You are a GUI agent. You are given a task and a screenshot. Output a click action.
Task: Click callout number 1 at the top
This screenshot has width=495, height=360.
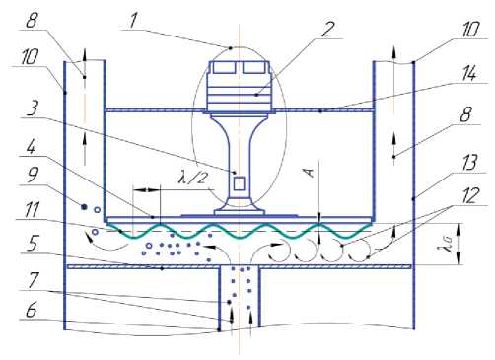point(132,21)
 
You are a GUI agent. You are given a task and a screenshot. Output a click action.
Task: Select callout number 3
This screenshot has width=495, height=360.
point(33,108)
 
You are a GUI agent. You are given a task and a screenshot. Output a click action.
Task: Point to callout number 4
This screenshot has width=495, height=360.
point(31,147)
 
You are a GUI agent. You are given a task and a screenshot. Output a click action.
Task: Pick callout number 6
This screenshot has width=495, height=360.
point(32,310)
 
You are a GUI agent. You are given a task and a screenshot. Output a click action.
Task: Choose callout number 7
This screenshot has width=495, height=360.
point(33,280)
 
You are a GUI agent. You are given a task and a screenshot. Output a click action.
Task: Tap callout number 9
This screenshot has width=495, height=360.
point(33,175)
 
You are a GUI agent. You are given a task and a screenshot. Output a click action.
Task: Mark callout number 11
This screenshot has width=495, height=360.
point(32,209)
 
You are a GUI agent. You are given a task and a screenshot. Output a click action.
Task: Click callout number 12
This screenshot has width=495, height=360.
point(470,195)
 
